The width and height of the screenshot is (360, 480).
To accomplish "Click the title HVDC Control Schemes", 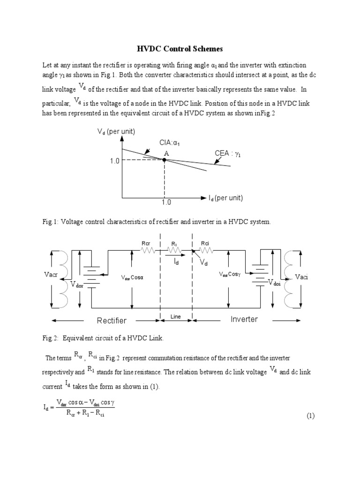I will [x=180, y=49].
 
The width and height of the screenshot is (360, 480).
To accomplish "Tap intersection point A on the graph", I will [x=164, y=160].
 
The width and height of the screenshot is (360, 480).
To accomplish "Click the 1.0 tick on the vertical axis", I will [x=114, y=161].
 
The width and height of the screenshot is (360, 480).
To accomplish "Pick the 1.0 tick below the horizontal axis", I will [x=166, y=202].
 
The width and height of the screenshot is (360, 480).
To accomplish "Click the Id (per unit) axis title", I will [x=225, y=198].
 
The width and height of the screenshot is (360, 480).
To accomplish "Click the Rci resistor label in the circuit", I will [x=205, y=243].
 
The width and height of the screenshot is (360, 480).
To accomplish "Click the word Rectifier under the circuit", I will [x=112, y=321].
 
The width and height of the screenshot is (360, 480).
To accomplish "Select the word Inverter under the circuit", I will [x=244, y=319].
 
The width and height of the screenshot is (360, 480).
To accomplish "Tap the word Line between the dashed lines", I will [x=176, y=317].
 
